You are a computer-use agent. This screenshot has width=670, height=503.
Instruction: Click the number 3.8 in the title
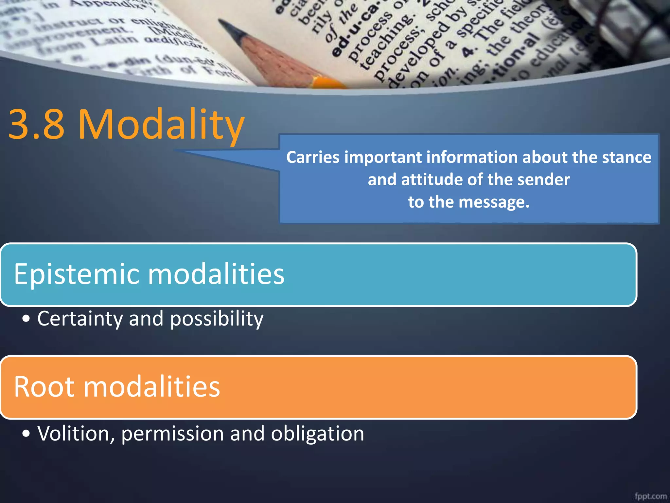(36, 124)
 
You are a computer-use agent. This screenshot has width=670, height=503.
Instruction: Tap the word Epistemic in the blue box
(77, 274)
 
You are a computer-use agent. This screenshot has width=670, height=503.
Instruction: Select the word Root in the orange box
(44, 387)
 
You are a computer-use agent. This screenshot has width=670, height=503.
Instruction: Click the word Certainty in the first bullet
(80, 319)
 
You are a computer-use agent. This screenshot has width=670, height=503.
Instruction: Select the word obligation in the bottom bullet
(317, 434)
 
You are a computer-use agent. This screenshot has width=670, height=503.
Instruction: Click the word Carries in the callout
(313, 157)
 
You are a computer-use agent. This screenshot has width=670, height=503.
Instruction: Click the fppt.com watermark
(650, 496)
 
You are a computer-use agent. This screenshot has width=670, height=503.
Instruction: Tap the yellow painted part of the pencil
(327, 82)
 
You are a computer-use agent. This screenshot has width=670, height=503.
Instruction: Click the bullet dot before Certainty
(26, 319)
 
